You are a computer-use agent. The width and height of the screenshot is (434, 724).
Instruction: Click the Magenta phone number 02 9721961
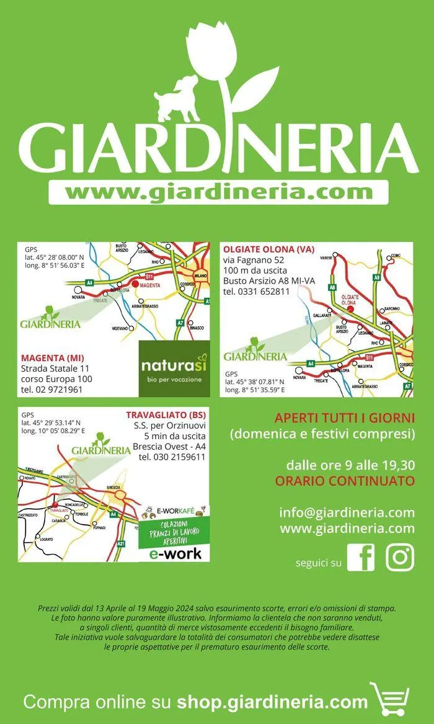tap(52, 390)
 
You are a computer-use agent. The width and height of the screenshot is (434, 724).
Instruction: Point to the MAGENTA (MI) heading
tap(53, 358)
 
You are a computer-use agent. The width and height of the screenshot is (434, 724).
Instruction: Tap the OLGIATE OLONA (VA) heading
tap(268, 249)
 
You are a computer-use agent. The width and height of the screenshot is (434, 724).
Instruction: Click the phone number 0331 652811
tap(256, 291)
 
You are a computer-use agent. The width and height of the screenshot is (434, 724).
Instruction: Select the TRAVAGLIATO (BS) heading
tap(166, 414)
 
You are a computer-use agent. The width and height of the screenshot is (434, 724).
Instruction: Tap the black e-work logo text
tap(175, 553)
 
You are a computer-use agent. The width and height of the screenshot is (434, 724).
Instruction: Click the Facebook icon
tap(361, 556)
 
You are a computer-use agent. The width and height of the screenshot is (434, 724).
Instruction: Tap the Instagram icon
tap(400, 556)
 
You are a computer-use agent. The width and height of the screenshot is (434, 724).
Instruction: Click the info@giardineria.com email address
tap(347, 512)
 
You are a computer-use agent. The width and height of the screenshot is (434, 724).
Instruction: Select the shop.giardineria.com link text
tap(272, 702)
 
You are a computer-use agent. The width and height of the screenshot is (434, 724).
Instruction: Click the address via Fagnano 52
tap(254, 260)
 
